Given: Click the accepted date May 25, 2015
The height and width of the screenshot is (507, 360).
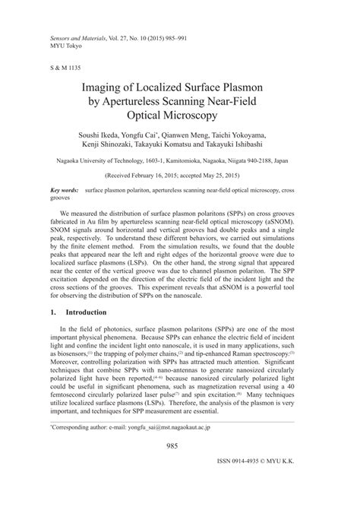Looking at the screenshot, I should [222, 174].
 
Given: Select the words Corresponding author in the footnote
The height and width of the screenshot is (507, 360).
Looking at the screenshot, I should [74, 449].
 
